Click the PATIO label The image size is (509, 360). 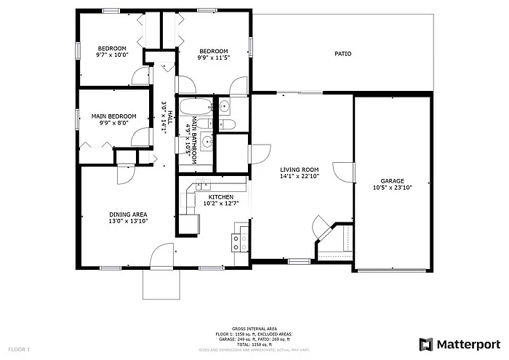click(343, 53)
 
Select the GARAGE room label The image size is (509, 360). click(392, 181)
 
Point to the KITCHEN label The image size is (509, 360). click(220, 197)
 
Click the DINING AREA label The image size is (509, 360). click(128, 215)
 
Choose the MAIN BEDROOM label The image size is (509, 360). click(113, 116)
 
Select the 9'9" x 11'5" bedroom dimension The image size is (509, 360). click(213, 57)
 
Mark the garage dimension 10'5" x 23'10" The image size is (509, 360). click(392, 188)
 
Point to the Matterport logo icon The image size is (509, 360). click(425, 343)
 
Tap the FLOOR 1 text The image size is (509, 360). click(19, 350)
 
